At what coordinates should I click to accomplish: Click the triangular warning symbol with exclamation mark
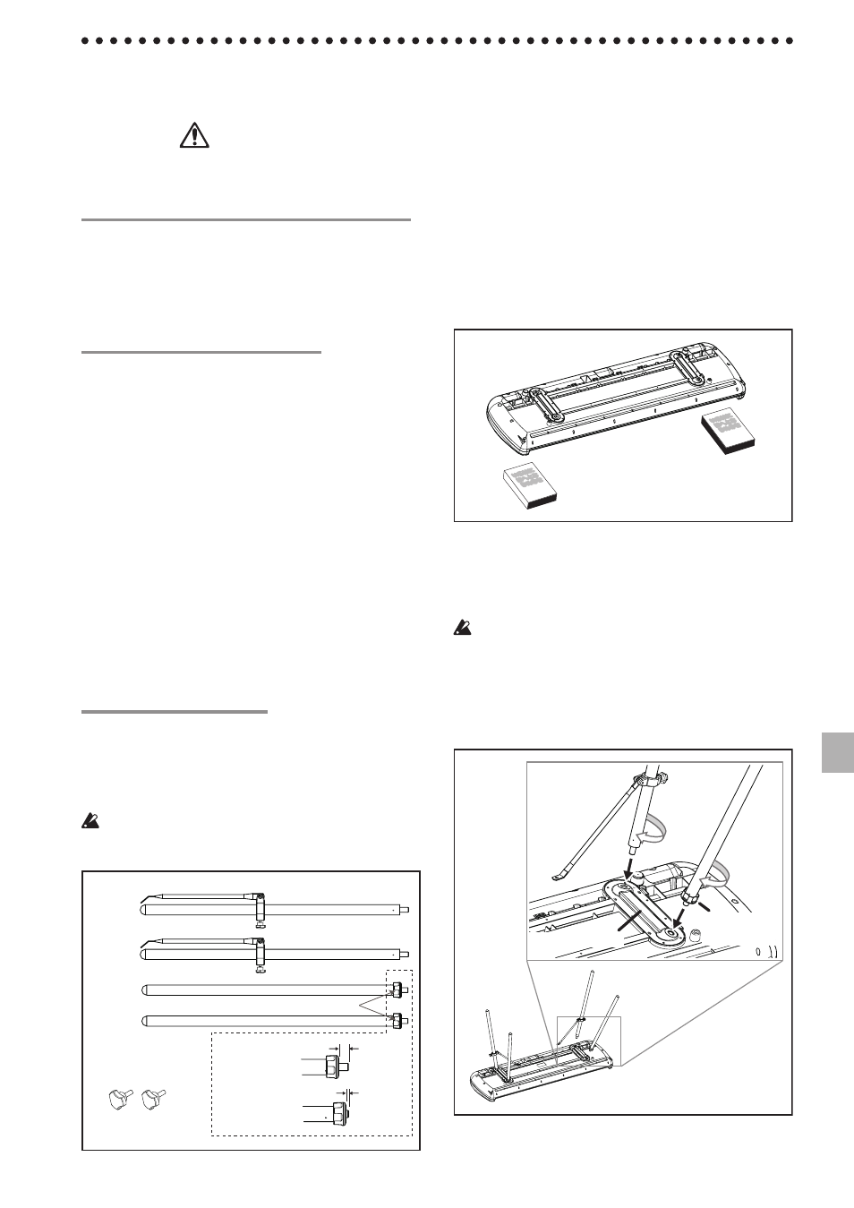[x=193, y=135]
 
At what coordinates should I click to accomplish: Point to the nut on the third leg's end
[x=396, y=990]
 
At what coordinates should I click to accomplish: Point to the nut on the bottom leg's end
[x=396, y=1018]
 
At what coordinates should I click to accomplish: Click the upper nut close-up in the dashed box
[x=332, y=1066]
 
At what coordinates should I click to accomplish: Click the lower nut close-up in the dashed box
[x=337, y=1113]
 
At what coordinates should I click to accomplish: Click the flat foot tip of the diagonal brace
[x=556, y=881]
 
